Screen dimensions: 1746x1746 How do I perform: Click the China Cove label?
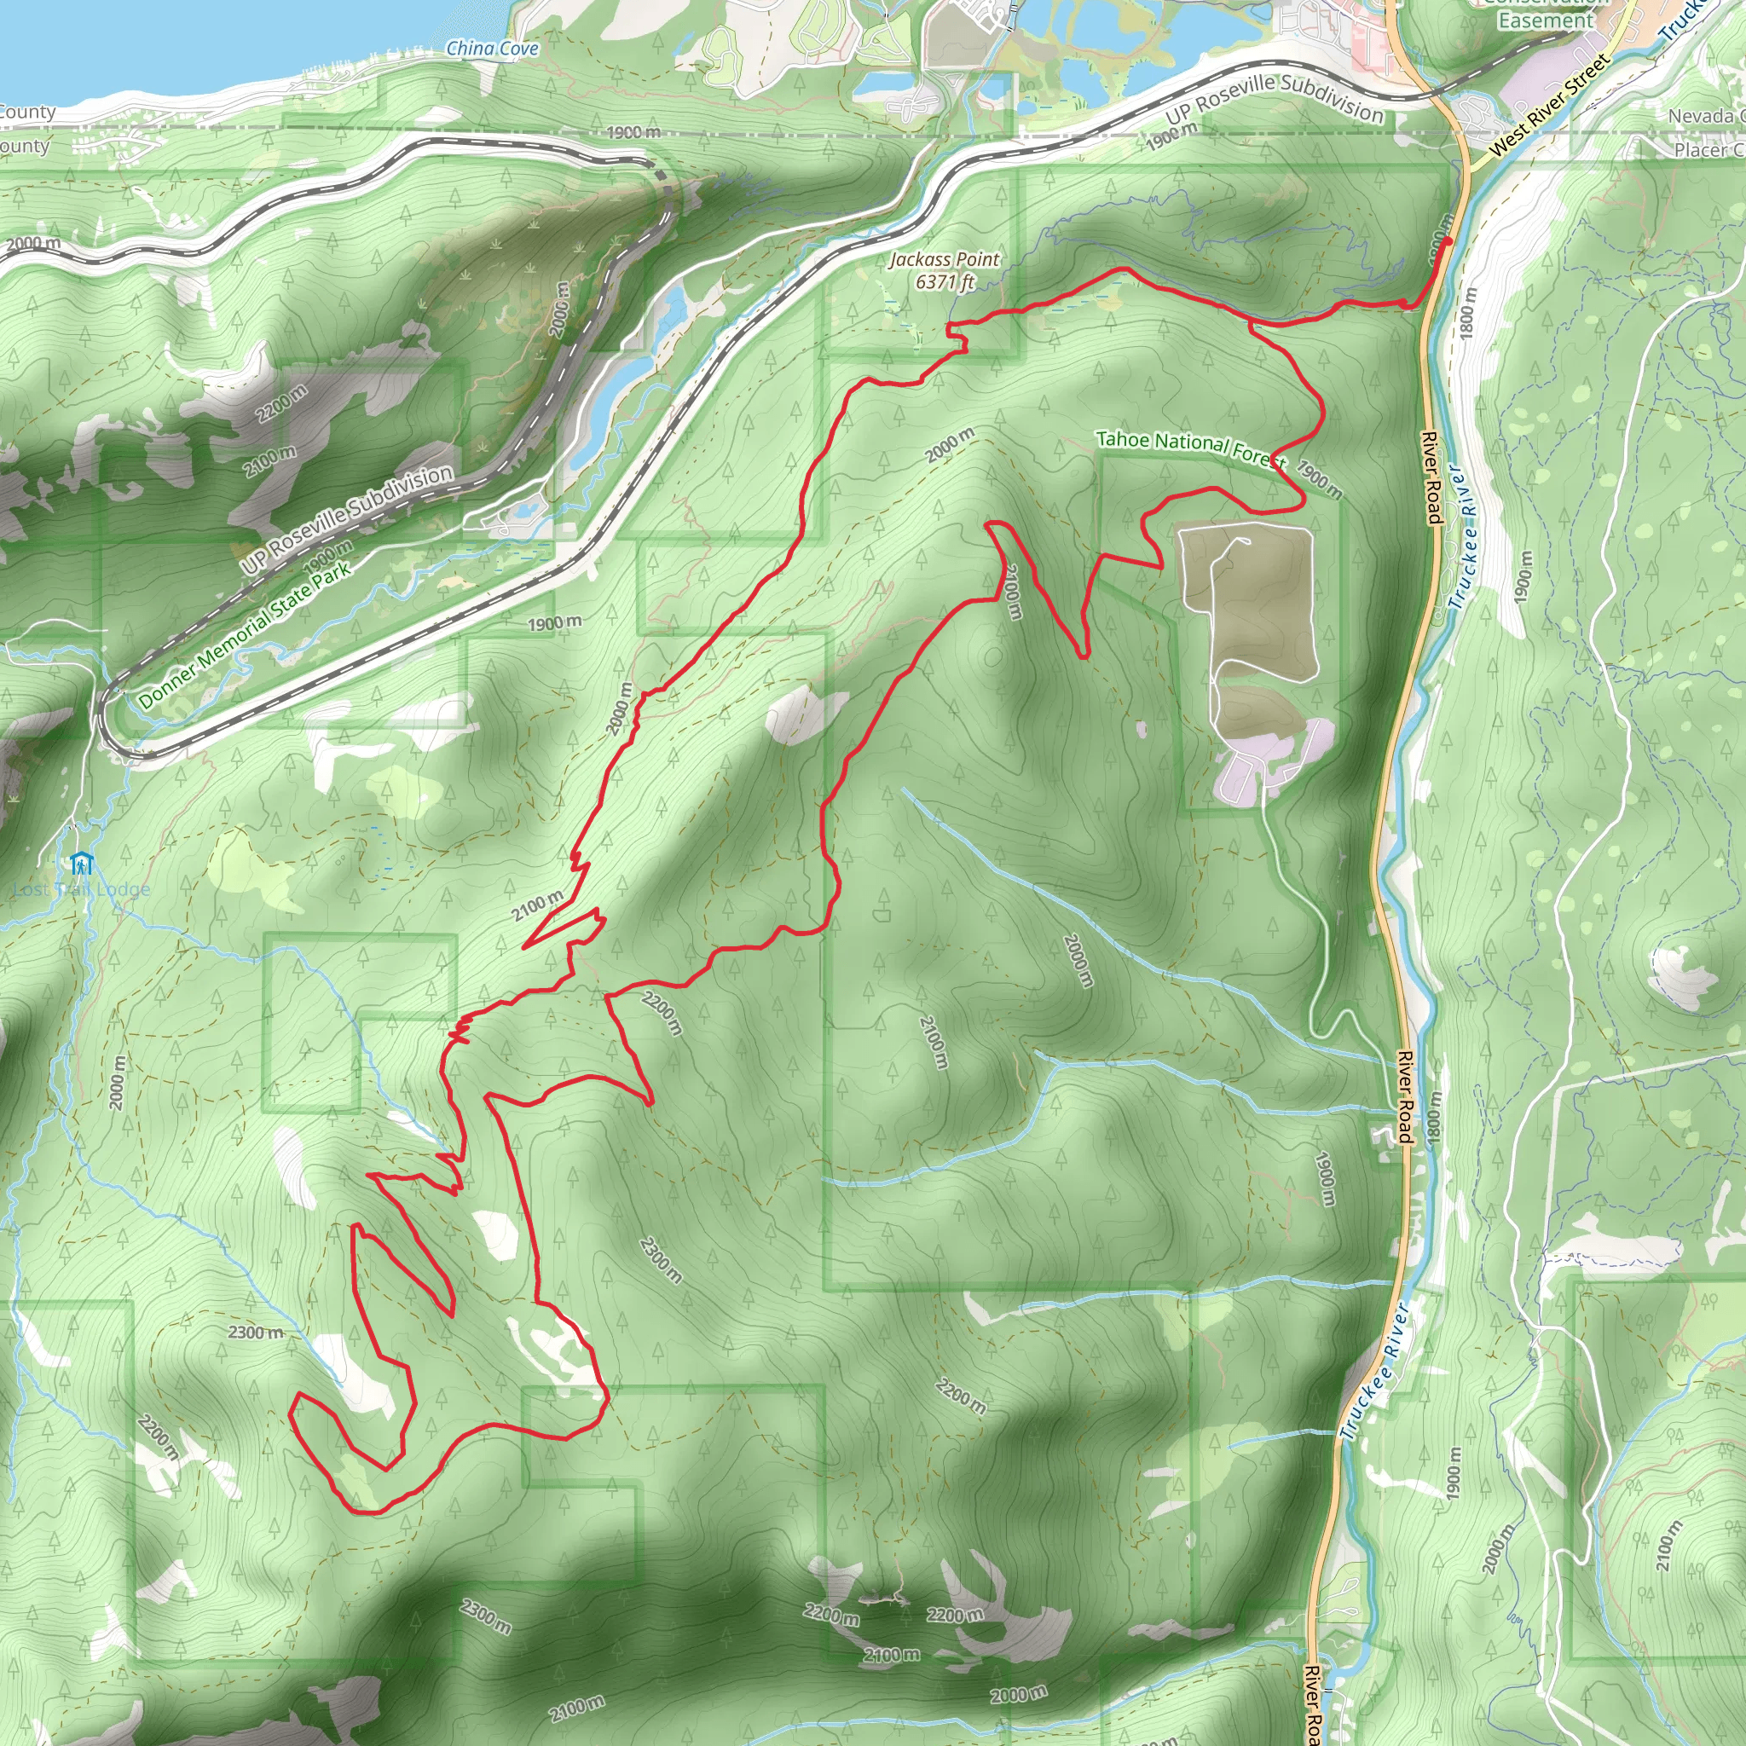tap(493, 49)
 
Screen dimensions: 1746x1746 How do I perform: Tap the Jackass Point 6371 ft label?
tap(945, 271)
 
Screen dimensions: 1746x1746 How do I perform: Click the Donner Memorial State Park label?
tap(244, 635)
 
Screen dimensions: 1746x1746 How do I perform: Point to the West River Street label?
tap(1549, 104)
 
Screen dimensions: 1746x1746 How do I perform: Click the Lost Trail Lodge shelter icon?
tap(82, 863)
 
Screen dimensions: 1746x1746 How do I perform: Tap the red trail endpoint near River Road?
tap(1448, 241)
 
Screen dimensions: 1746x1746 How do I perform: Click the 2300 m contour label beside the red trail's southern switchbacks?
tap(256, 1333)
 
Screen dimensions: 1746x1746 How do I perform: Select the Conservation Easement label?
tap(1547, 14)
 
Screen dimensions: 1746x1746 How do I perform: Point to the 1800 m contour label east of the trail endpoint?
tap(1469, 313)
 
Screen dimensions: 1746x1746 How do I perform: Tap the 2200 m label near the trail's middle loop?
tap(662, 1013)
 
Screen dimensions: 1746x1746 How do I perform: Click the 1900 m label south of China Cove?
tap(633, 133)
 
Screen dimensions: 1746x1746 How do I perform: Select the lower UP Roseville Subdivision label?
tap(347, 520)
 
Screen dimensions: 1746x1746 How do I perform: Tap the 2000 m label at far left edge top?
tap(32, 243)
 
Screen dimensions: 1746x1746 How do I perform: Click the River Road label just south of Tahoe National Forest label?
tap(1432, 477)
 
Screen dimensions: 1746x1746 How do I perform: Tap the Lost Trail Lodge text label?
tap(82, 890)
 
